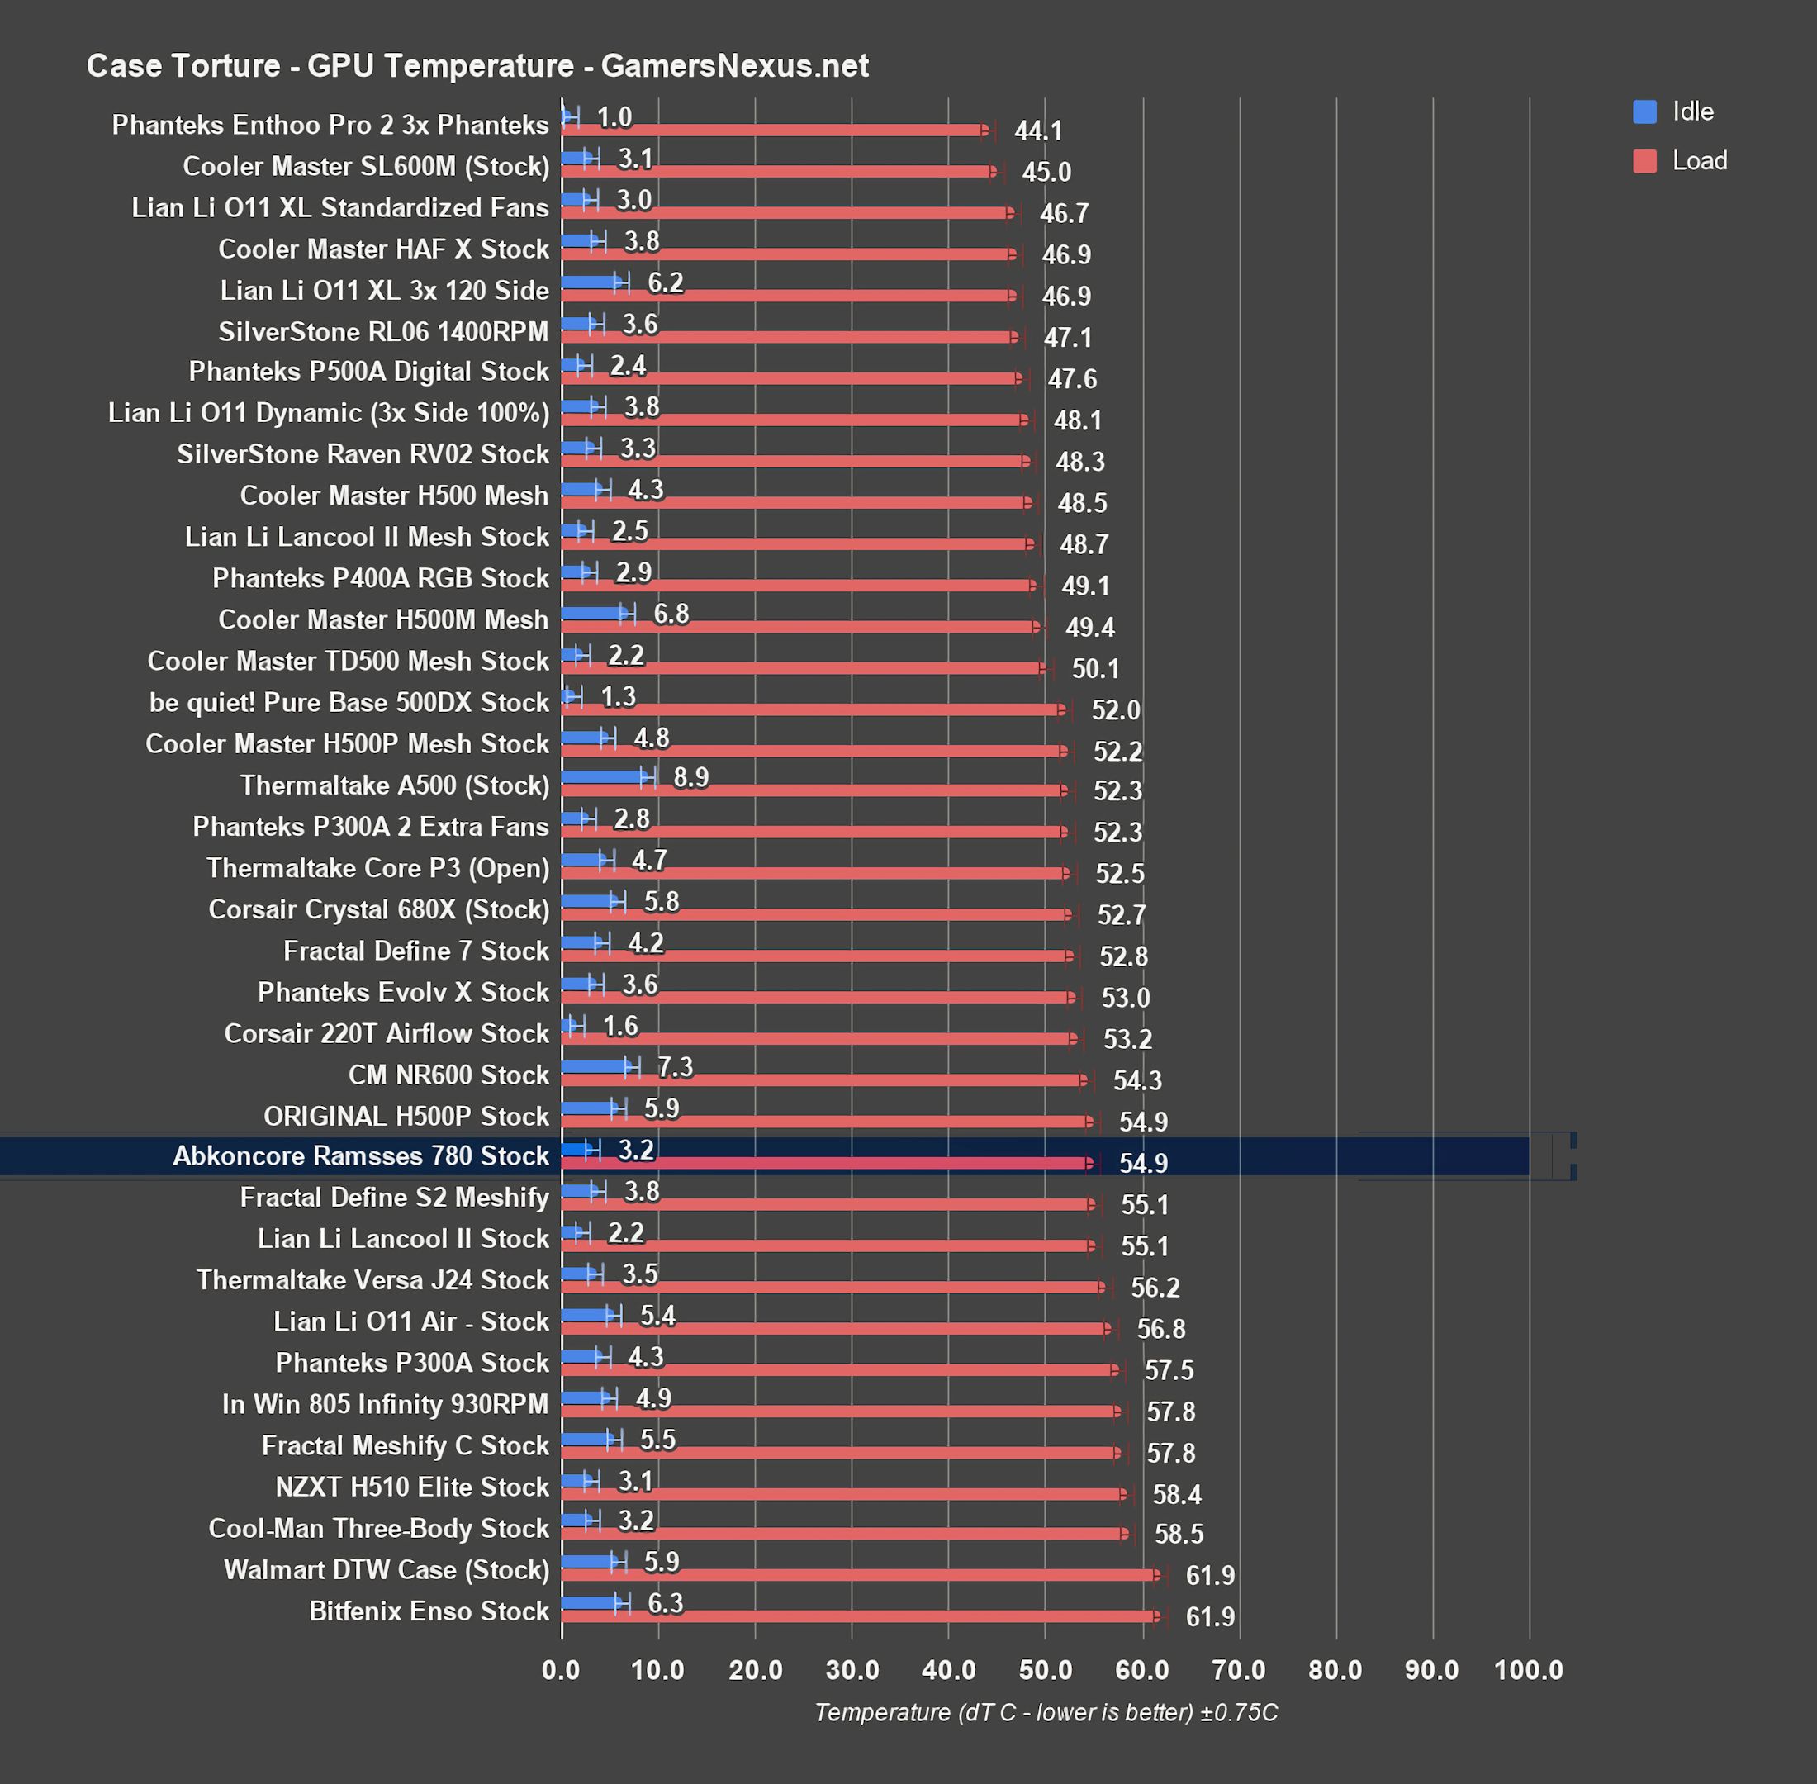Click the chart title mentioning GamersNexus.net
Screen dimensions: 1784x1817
[x=477, y=65]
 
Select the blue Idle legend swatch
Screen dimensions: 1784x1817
[x=1644, y=111]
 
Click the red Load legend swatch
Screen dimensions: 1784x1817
[x=1644, y=161]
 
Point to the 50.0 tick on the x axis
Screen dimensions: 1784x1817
[x=1045, y=1670]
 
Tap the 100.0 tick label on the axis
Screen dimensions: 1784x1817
[x=1529, y=1670]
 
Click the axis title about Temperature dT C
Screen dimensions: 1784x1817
[x=1045, y=1713]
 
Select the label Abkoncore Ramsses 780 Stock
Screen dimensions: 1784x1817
[x=360, y=1155]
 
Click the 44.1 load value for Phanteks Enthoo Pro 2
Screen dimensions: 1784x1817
[x=1037, y=131]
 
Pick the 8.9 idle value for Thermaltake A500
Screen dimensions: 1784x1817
[x=690, y=776]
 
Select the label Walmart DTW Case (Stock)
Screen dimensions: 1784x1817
[x=386, y=1569]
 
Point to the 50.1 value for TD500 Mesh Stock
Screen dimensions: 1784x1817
[x=1094, y=668]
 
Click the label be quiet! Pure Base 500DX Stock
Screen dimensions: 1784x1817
[x=349, y=702]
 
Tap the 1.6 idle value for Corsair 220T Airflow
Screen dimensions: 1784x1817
[x=619, y=1026]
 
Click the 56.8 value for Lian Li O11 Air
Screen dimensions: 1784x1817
[x=1160, y=1329]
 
